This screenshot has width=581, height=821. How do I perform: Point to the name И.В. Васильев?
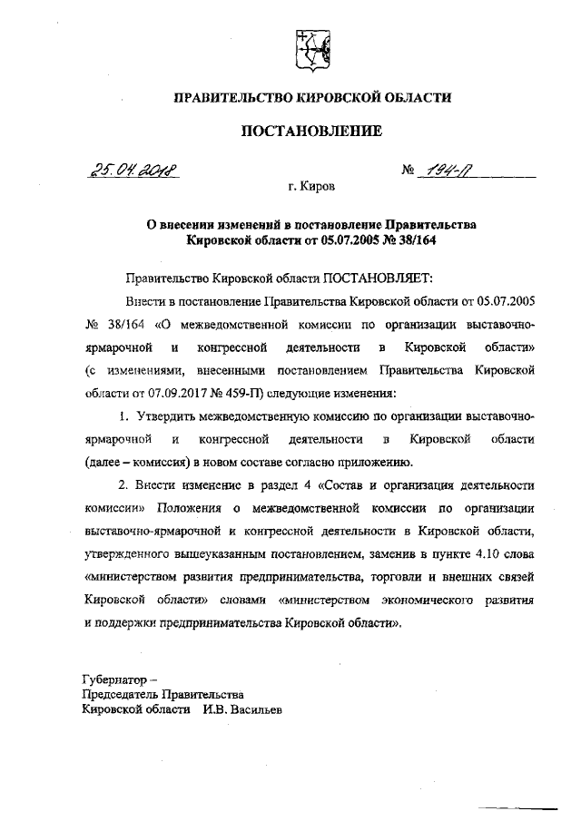pos(243,710)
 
